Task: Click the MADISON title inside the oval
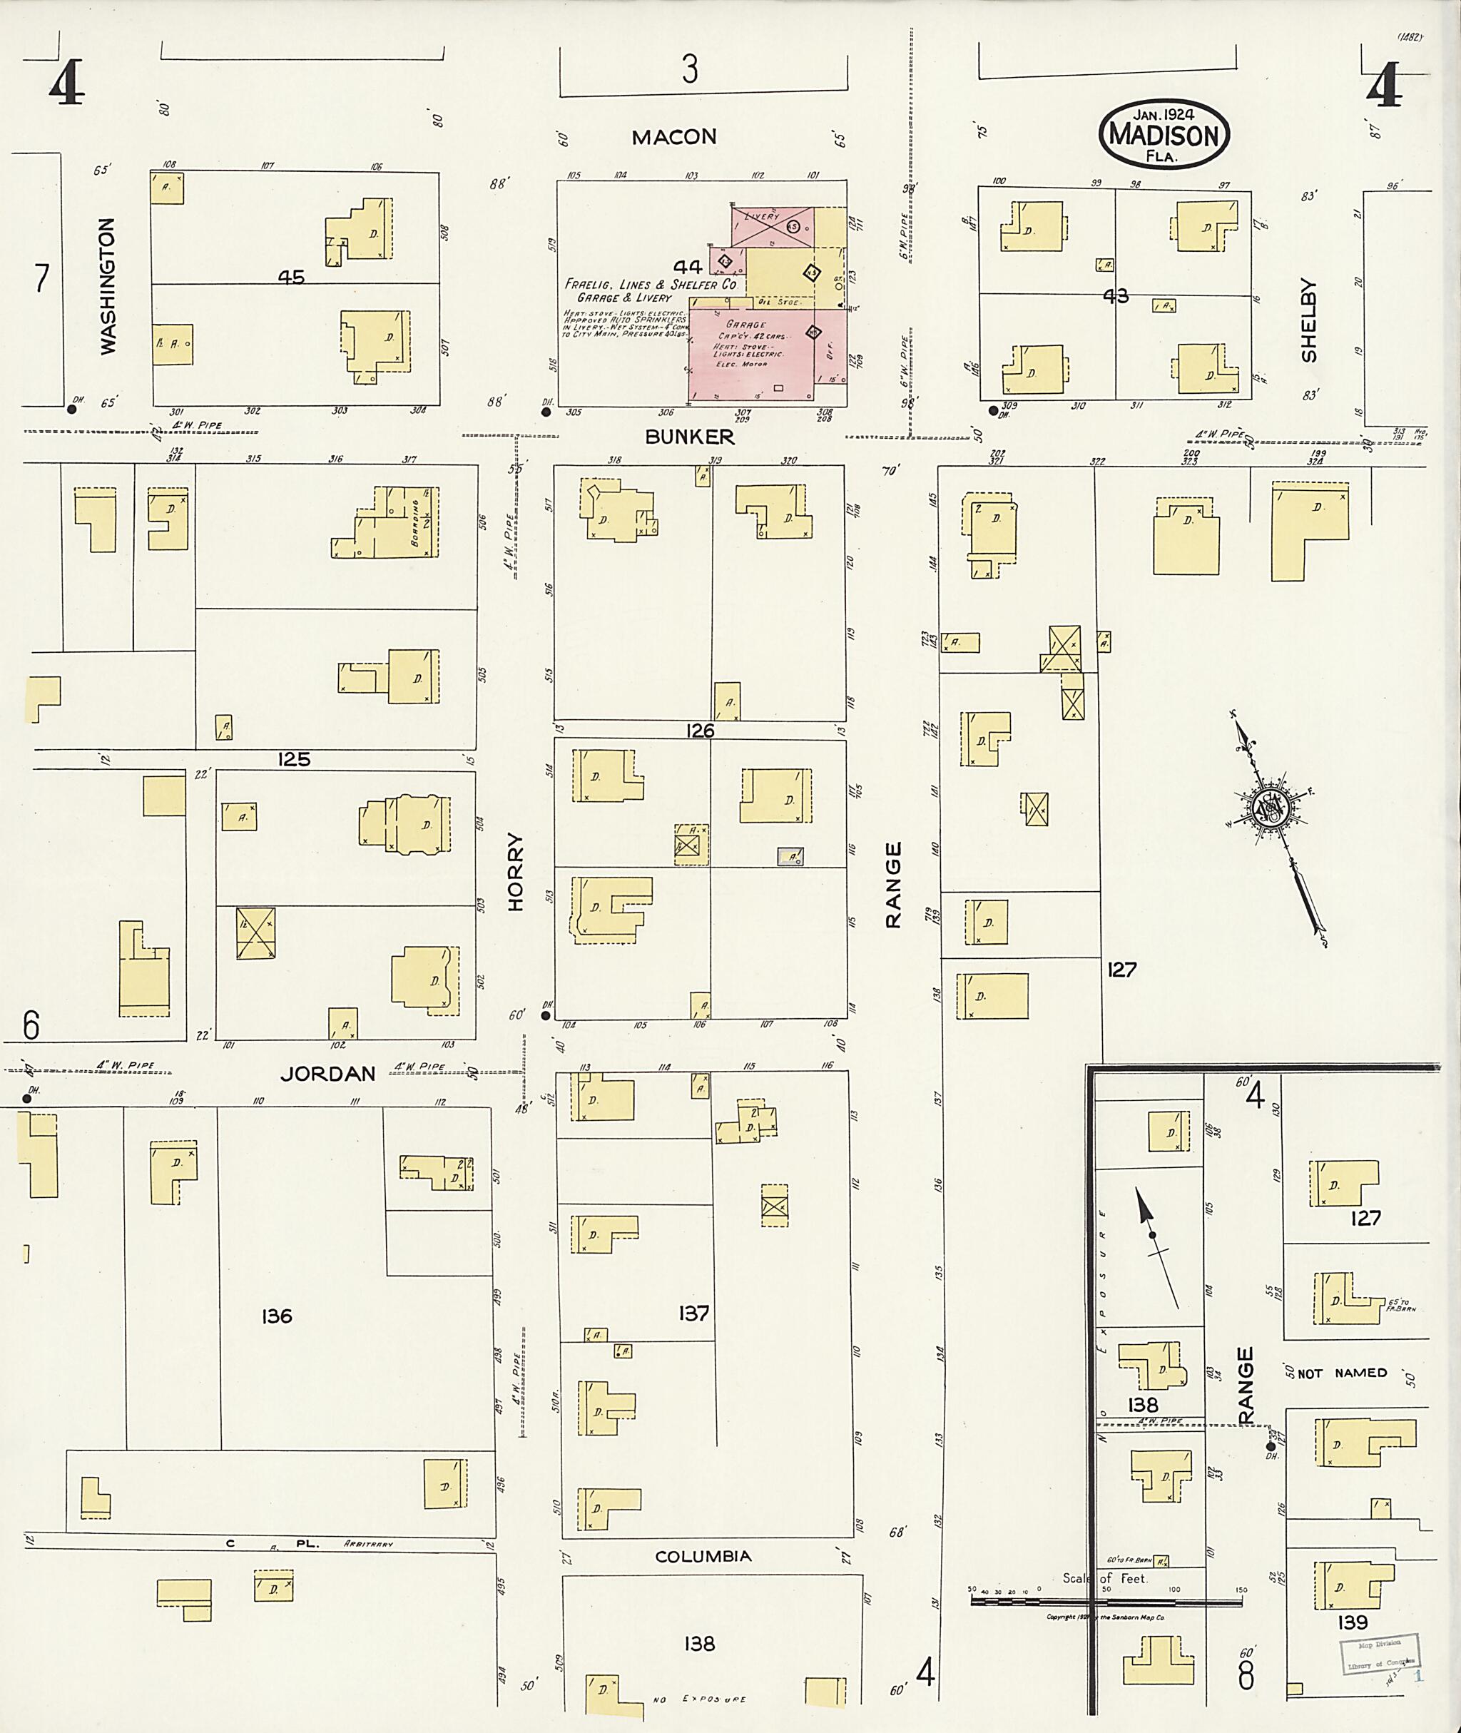point(1164,136)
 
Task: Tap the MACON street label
point(673,138)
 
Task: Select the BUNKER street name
point(689,437)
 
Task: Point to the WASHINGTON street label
point(108,287)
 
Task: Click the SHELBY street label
point(1308,320)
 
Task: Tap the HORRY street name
point(516,873)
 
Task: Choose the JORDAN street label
point(327,1074)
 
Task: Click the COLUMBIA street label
point(703,1557)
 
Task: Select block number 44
point(688,267)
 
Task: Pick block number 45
point(291,278)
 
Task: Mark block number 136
point(276,1316)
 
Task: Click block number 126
point(699,731)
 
